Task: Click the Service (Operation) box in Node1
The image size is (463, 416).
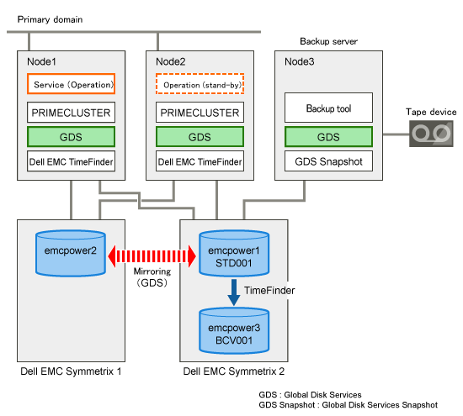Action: tap(72, 84)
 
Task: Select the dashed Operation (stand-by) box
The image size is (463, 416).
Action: tap(200, 84)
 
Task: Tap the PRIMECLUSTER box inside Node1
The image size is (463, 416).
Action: tap(72, 113)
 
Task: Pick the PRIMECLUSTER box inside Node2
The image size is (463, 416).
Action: tap(200, 113)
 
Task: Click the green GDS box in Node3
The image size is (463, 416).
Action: tap(328, 137)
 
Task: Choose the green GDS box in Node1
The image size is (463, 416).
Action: tap(72, 137)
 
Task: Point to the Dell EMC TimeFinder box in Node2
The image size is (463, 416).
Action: tap(200, 161)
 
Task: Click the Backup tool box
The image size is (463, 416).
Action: tap(328, 108)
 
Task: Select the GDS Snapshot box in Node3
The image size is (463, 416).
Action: tap(328, 161)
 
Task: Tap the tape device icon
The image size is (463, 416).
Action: tap(431, 134)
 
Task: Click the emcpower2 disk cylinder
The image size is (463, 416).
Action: tap(71, 254)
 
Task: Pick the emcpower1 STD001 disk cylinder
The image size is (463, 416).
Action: tap(234, 254)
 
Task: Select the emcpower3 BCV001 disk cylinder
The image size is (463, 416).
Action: tap(234, 331)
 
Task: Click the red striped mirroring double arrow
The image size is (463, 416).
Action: tap(152, 256)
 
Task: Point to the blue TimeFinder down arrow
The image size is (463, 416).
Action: tap(234, 292)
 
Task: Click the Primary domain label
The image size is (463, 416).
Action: tap(50, 20)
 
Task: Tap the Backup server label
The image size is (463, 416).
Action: tap(328, 41)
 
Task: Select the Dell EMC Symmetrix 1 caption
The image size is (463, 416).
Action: tap(71, 371)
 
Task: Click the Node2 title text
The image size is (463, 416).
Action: tap(171, 62)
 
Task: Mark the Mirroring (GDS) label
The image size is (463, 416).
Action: tap(152, 277)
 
